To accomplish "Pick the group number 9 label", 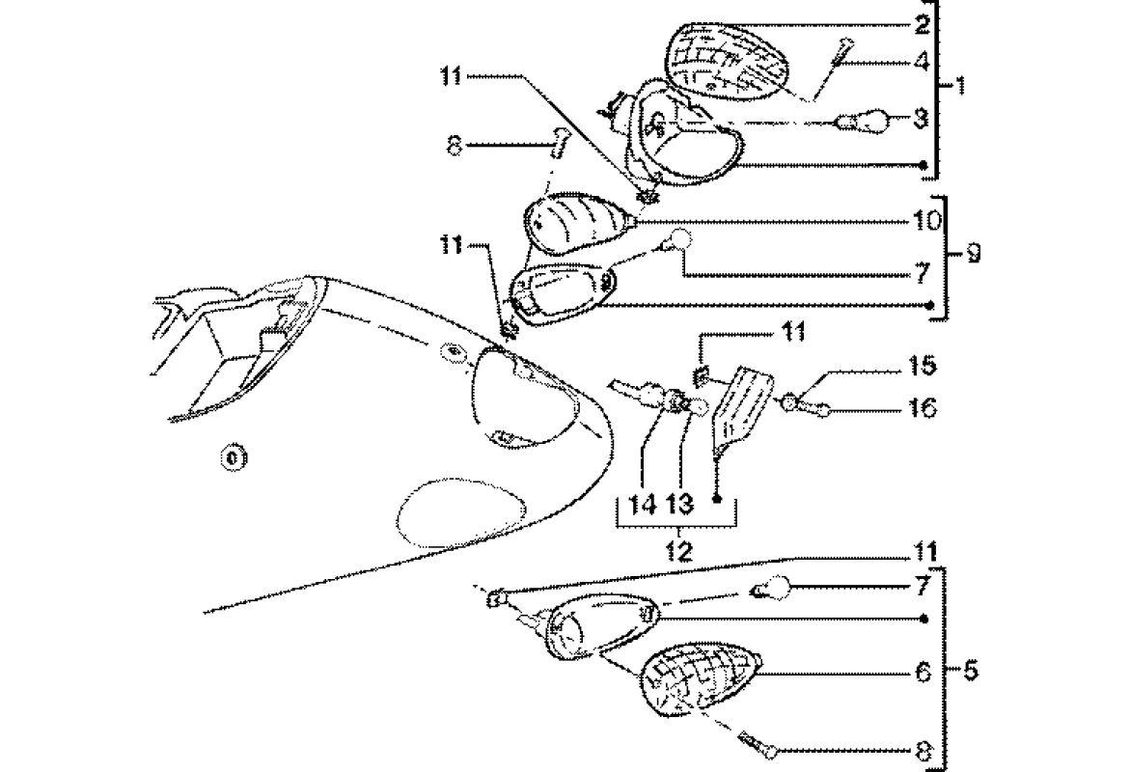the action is (x=973, y=255).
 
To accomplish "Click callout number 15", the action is (x=921, y=368).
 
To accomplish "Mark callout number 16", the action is (x=923, y=408).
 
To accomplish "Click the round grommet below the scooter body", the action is (x=233, y=455).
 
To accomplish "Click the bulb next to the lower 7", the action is (x=774, y=587).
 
